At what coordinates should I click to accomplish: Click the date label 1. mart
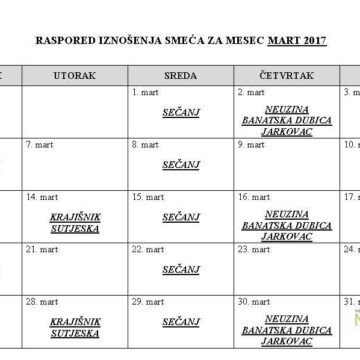pos(144,92)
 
